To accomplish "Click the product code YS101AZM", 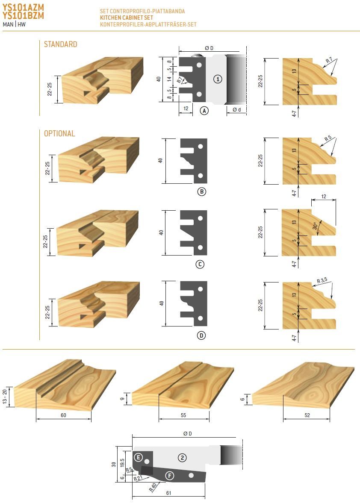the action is click(23, 7).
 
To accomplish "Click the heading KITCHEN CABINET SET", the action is click(127, 18).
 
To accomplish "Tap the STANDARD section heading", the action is click(61, 44).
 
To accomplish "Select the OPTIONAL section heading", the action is click(60, 133).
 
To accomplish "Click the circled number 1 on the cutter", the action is click(218, 79).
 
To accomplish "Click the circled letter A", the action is click(204, 111).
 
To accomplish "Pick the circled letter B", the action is click(201, 192).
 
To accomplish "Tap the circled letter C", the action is click(200, 265).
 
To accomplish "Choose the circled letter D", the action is click(201, 335).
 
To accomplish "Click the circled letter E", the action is click(138, 457).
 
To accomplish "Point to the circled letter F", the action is click(169, 476).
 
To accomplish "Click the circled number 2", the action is click(182, 458).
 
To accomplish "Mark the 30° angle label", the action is click(316, 226).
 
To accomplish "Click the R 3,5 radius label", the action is click(322, 280).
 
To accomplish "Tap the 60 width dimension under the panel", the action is click(64, 415).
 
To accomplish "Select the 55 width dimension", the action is click(183, 415).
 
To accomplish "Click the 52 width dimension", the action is click(307, 415).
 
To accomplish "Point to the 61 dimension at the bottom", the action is click(168, 493).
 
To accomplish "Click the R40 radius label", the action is click(153, 488).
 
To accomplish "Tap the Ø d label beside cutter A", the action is click(236, 110).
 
